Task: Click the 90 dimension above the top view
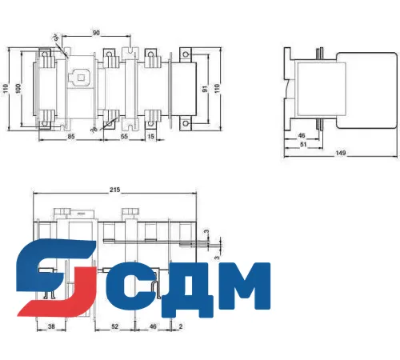tap(96, 34)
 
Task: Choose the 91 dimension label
tap(205, 89)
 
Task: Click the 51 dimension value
tap(302, 146)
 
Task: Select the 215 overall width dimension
tap(114, 191)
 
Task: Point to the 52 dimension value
tap(115, 327)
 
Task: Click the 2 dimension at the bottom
tap(182, 327)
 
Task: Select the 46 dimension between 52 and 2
tap(153, 327)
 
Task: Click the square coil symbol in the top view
tap(81, 78)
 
